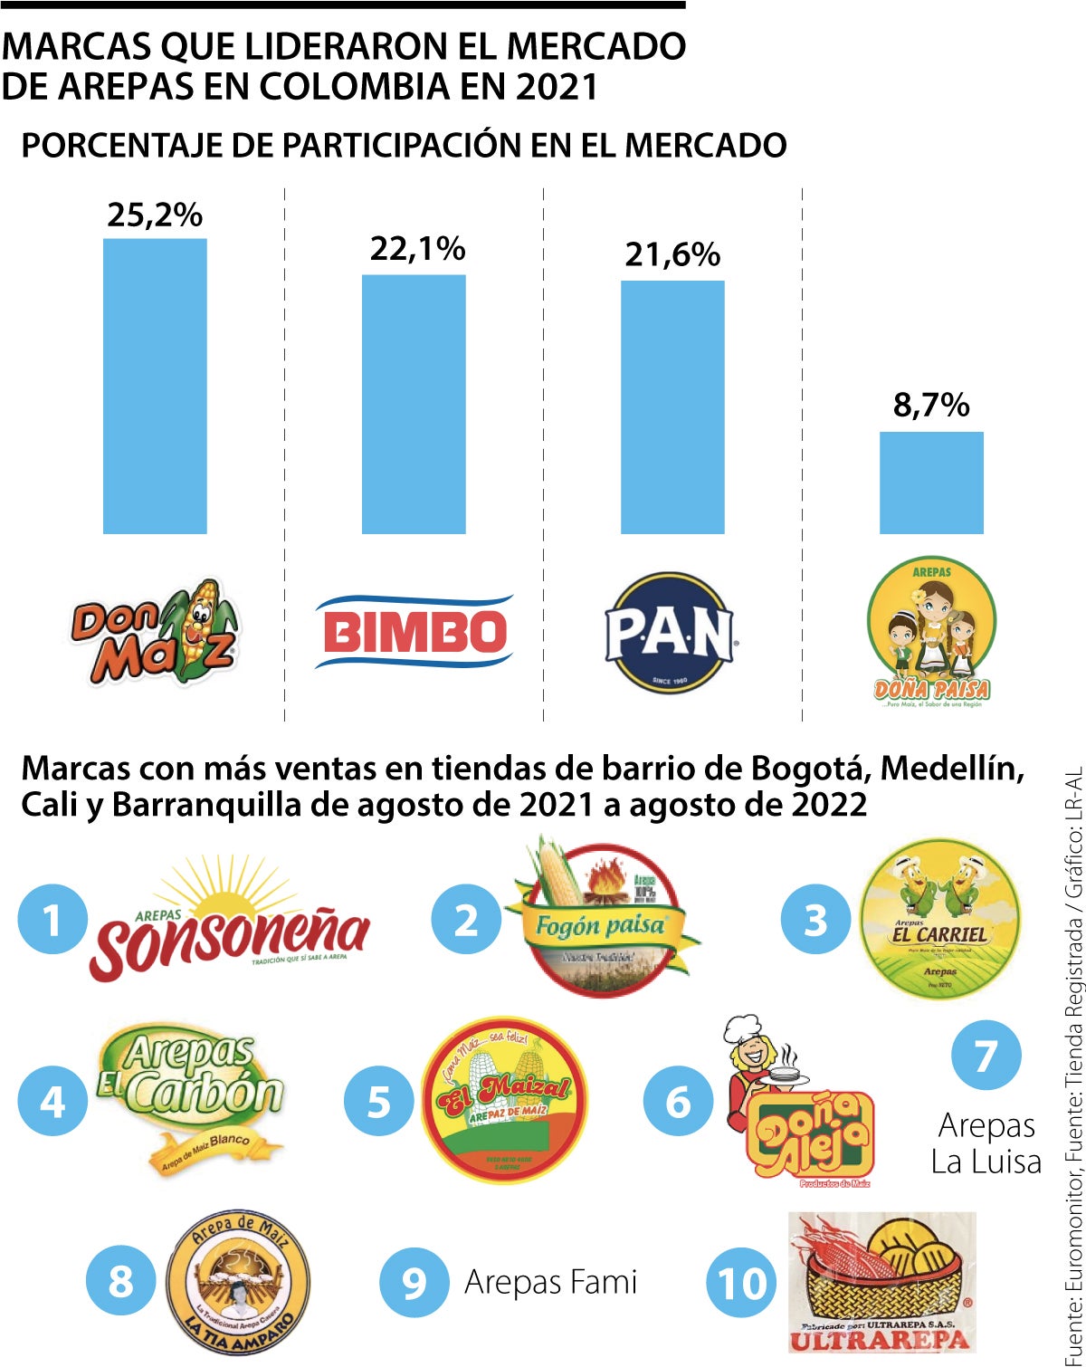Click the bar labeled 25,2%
coord(155,386)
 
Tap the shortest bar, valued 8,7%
coord(931,483)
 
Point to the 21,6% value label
coord(672,254)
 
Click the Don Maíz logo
coord(155,632)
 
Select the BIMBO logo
coord(414,632)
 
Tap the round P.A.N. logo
coord(670,633)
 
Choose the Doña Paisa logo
coord(931,632)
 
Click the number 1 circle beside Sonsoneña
coord(52,919)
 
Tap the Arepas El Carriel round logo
coord(939,918)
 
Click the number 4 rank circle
coord(52,1101)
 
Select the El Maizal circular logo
coord(504,1099)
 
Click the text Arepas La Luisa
coord(986,1143)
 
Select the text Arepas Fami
coord(550,1282)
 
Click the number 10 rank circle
coord(741,1282)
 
